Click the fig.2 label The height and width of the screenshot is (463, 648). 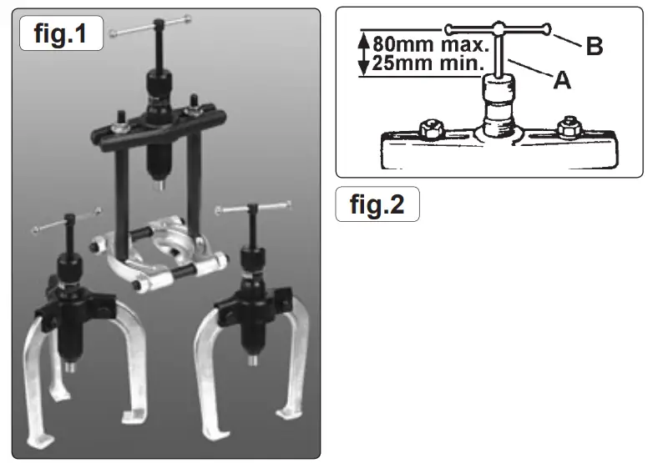click(x=377, y=204)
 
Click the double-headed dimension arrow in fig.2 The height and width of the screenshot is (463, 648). click(x=362, y=53)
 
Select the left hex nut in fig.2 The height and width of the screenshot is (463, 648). click(x=433, y=129)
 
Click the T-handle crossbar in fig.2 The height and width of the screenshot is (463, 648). click(x=498, y=29)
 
